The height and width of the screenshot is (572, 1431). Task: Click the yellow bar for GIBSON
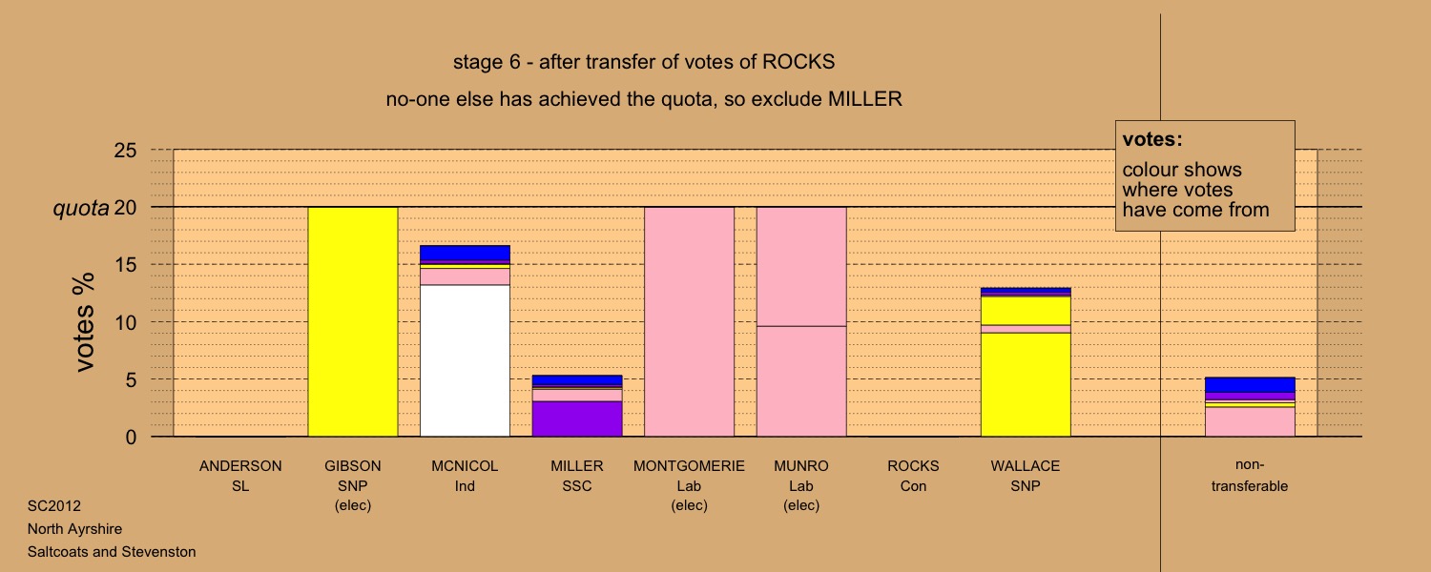tap(353, 322)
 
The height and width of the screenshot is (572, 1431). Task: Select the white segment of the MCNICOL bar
tap(466, 360)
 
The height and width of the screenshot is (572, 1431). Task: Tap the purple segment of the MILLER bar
tap(577, 419)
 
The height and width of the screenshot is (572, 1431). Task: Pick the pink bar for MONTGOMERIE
tap(690, 322)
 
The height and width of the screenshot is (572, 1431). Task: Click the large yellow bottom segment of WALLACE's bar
tap(1026, 385)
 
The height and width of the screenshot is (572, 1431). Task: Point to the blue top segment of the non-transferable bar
tap(1250, 385)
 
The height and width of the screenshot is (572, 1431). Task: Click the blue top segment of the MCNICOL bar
tap(466, 253)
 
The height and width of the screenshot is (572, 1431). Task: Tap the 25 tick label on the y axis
tap(125, 150)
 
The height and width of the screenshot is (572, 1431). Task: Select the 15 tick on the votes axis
tap(125, 264)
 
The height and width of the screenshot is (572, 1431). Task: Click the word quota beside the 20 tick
tap(81, 208)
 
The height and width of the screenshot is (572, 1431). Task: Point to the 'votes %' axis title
tap(84, 322)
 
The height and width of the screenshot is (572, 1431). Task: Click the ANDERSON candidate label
tap(240, 466)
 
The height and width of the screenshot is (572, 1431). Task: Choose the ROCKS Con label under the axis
tap(914, 476)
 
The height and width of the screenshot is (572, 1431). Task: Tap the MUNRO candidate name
tap(801, 466)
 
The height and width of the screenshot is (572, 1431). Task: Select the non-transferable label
tap(1250, 475)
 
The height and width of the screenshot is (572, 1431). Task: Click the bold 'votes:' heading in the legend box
tap(1152, 139)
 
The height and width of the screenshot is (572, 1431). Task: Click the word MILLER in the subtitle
tap(865, 99)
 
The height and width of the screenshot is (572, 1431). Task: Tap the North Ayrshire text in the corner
tap(74, 528)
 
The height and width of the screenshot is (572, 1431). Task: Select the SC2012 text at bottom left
tap(54, 505)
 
